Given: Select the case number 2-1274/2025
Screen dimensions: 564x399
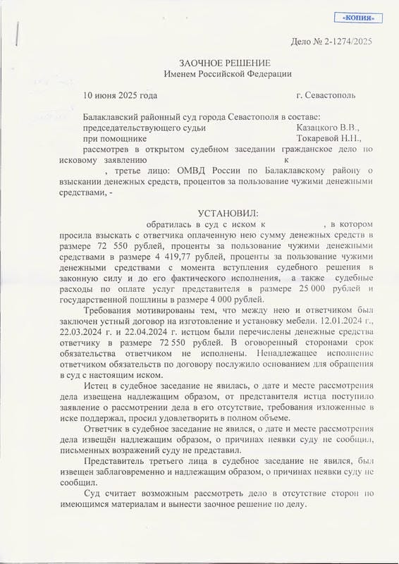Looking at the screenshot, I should (350, 42).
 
